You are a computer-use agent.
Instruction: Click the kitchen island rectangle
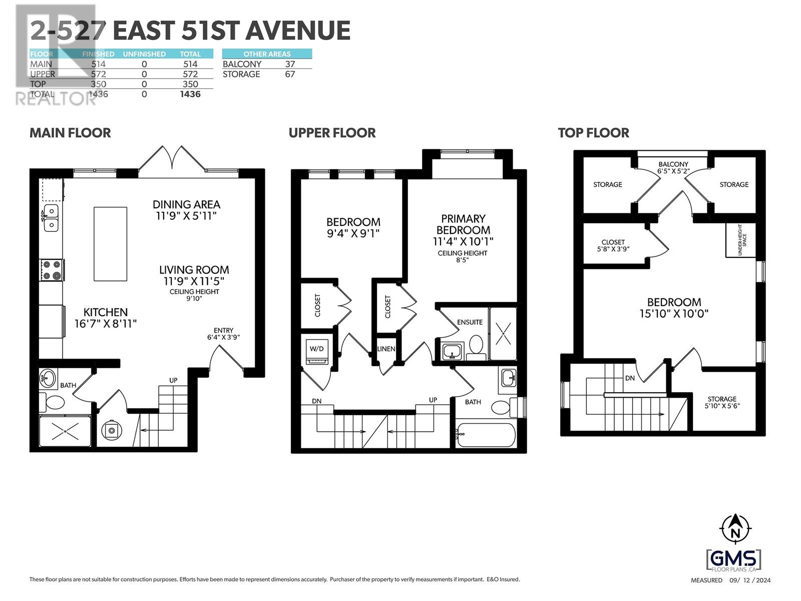(x=110, y=244)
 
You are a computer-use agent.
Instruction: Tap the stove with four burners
(x=52, y=270)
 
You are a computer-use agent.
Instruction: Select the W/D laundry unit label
(x=316, y=349)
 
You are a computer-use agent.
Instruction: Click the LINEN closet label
(x=386, y=349)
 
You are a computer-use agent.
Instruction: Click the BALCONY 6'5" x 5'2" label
(x=673, y=167)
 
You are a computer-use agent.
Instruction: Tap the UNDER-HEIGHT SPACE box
(x=740, y=240)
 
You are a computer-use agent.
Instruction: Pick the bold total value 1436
(x=190, y=94)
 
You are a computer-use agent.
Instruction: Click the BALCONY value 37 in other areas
(x=290, y=64)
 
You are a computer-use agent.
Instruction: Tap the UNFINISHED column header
(x=144, y=54)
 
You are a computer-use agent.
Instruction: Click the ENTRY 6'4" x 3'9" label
(x=223, y=334)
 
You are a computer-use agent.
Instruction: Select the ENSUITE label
(x=470, y=322)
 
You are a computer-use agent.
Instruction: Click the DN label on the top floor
(x=630, y=378)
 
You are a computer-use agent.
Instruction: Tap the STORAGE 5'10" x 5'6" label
(x=722, y=403)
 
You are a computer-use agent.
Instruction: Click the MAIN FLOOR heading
(x=70, y=133)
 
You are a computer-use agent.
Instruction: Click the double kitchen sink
(x=51, y=218)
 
